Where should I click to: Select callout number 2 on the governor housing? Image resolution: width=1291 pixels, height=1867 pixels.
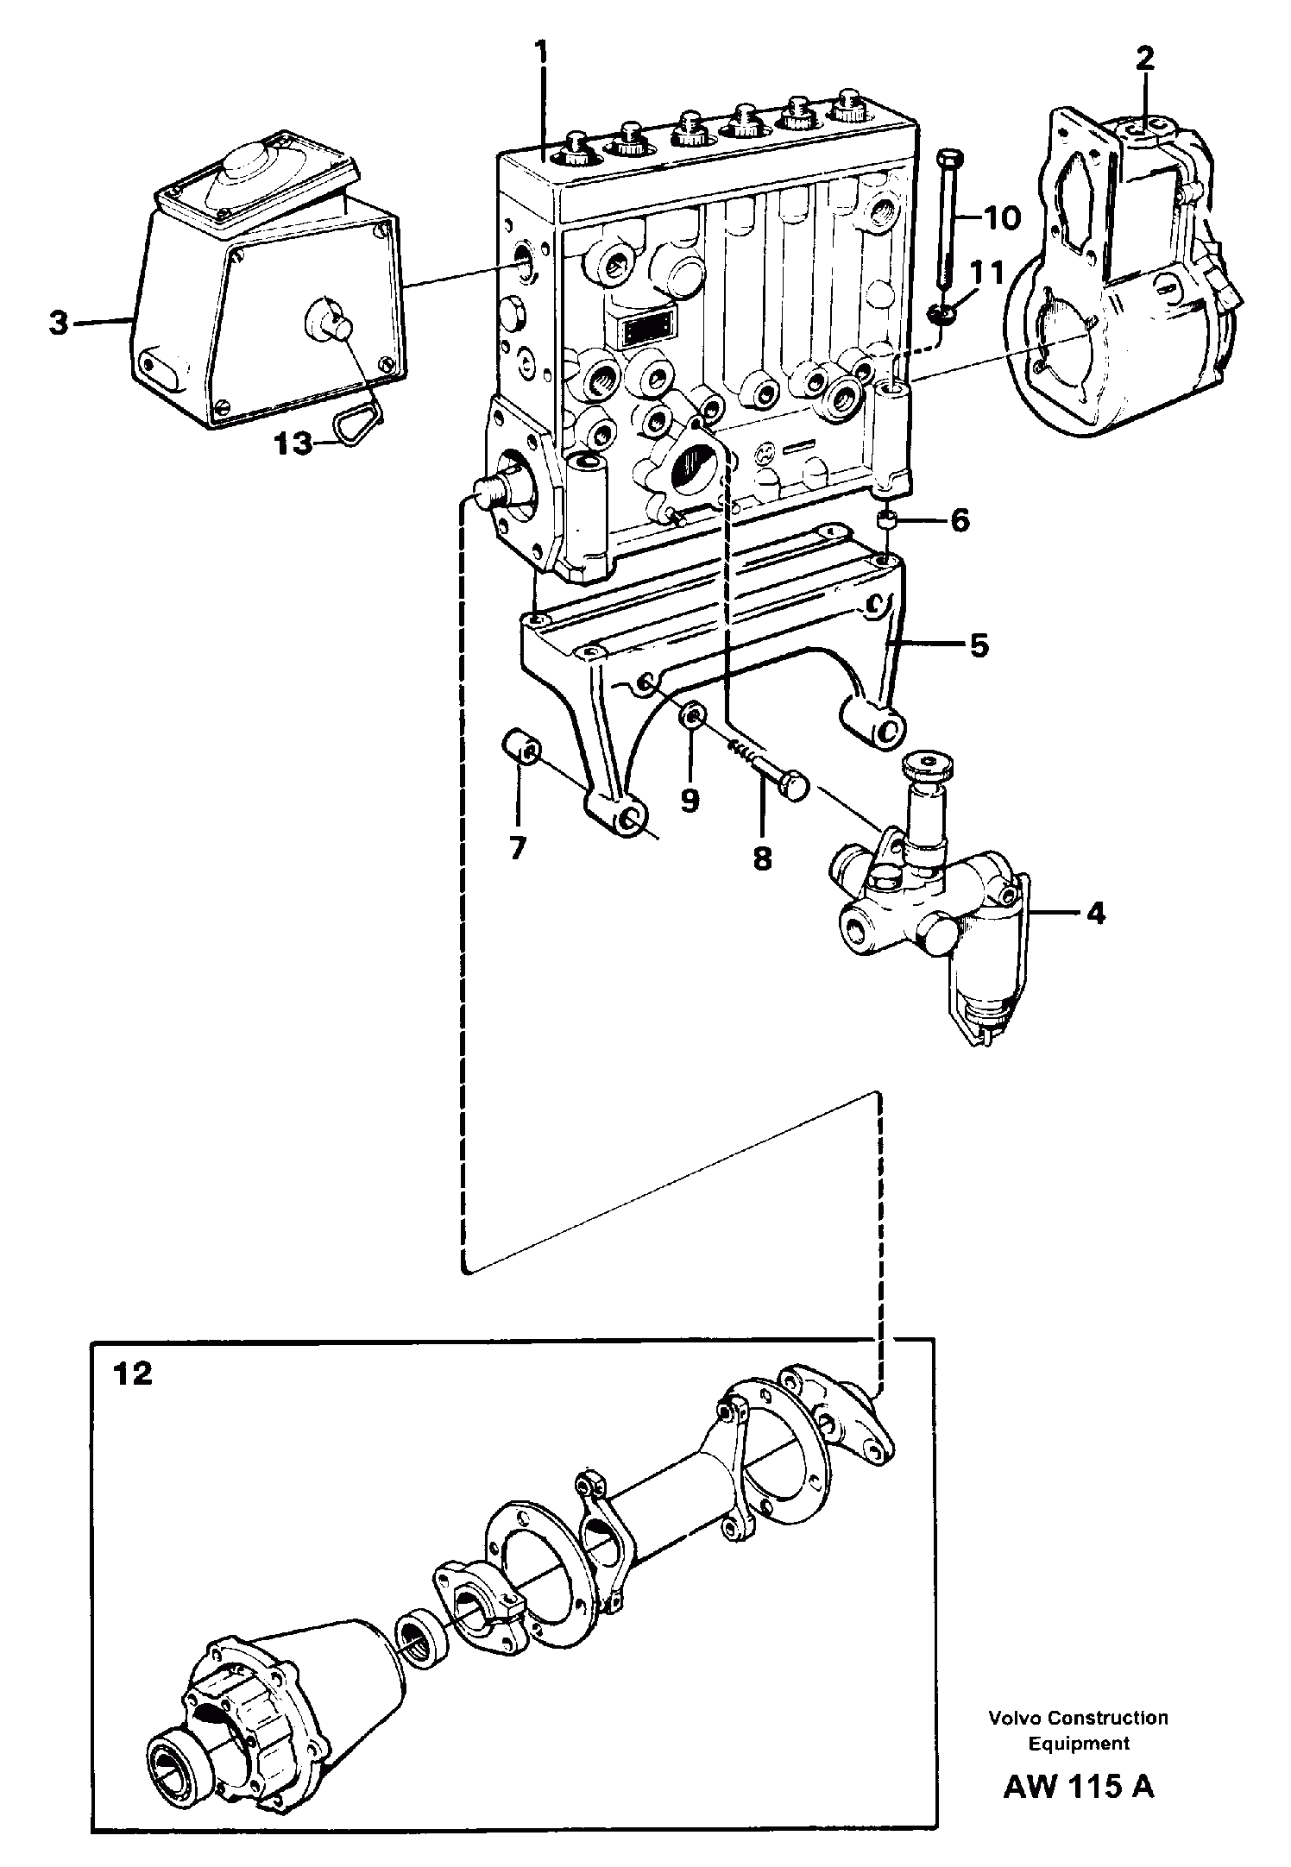1143,60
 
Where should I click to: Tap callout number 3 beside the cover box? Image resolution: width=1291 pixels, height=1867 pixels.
58,324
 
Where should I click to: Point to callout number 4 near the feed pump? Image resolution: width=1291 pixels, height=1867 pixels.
1094,913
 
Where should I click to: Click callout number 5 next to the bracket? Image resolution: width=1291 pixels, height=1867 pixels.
978,646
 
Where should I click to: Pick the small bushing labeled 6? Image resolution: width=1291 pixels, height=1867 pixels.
886,520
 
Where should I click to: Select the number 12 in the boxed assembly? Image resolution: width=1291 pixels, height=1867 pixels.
132,1373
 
